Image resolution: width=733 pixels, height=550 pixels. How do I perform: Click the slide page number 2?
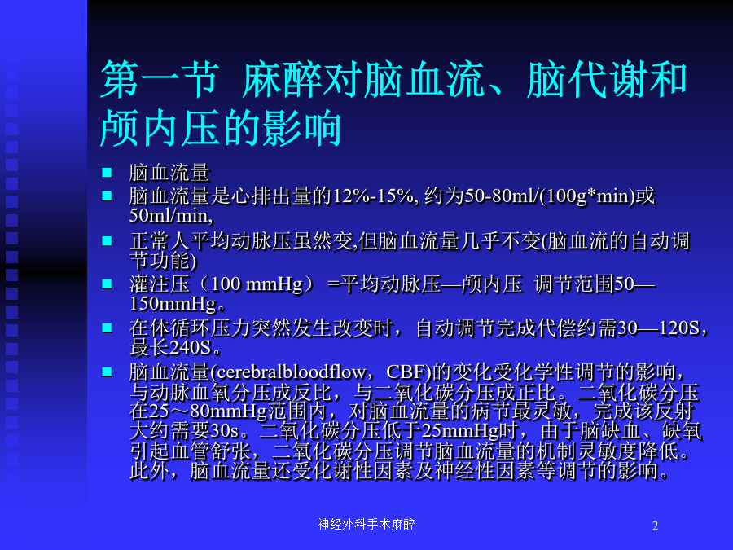655,526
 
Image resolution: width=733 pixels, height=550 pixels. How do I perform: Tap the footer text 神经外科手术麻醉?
366,524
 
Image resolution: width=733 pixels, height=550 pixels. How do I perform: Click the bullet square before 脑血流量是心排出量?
107,196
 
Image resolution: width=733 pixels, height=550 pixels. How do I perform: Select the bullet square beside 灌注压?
107,284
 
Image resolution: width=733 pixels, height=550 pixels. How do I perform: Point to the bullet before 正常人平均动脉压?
107,240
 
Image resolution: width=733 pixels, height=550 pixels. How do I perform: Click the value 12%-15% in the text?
373,196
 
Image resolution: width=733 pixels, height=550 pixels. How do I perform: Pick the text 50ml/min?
171,216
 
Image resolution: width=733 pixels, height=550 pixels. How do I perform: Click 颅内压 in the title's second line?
160,127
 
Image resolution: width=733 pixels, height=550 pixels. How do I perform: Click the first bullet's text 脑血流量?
169,173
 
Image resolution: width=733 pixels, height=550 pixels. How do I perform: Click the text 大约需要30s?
184,431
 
